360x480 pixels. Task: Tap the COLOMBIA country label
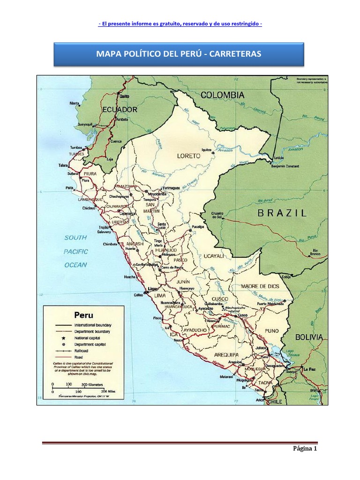click(222, 95)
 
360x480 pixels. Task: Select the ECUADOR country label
click(119, 109)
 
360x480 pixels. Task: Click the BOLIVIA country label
click(308, 337)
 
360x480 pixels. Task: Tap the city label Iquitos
click(204, 150)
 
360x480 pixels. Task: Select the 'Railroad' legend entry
click(82, 350)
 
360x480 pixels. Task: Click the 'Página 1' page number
click(305, 449)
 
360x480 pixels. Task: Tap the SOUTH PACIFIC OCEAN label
click(75, 251)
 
